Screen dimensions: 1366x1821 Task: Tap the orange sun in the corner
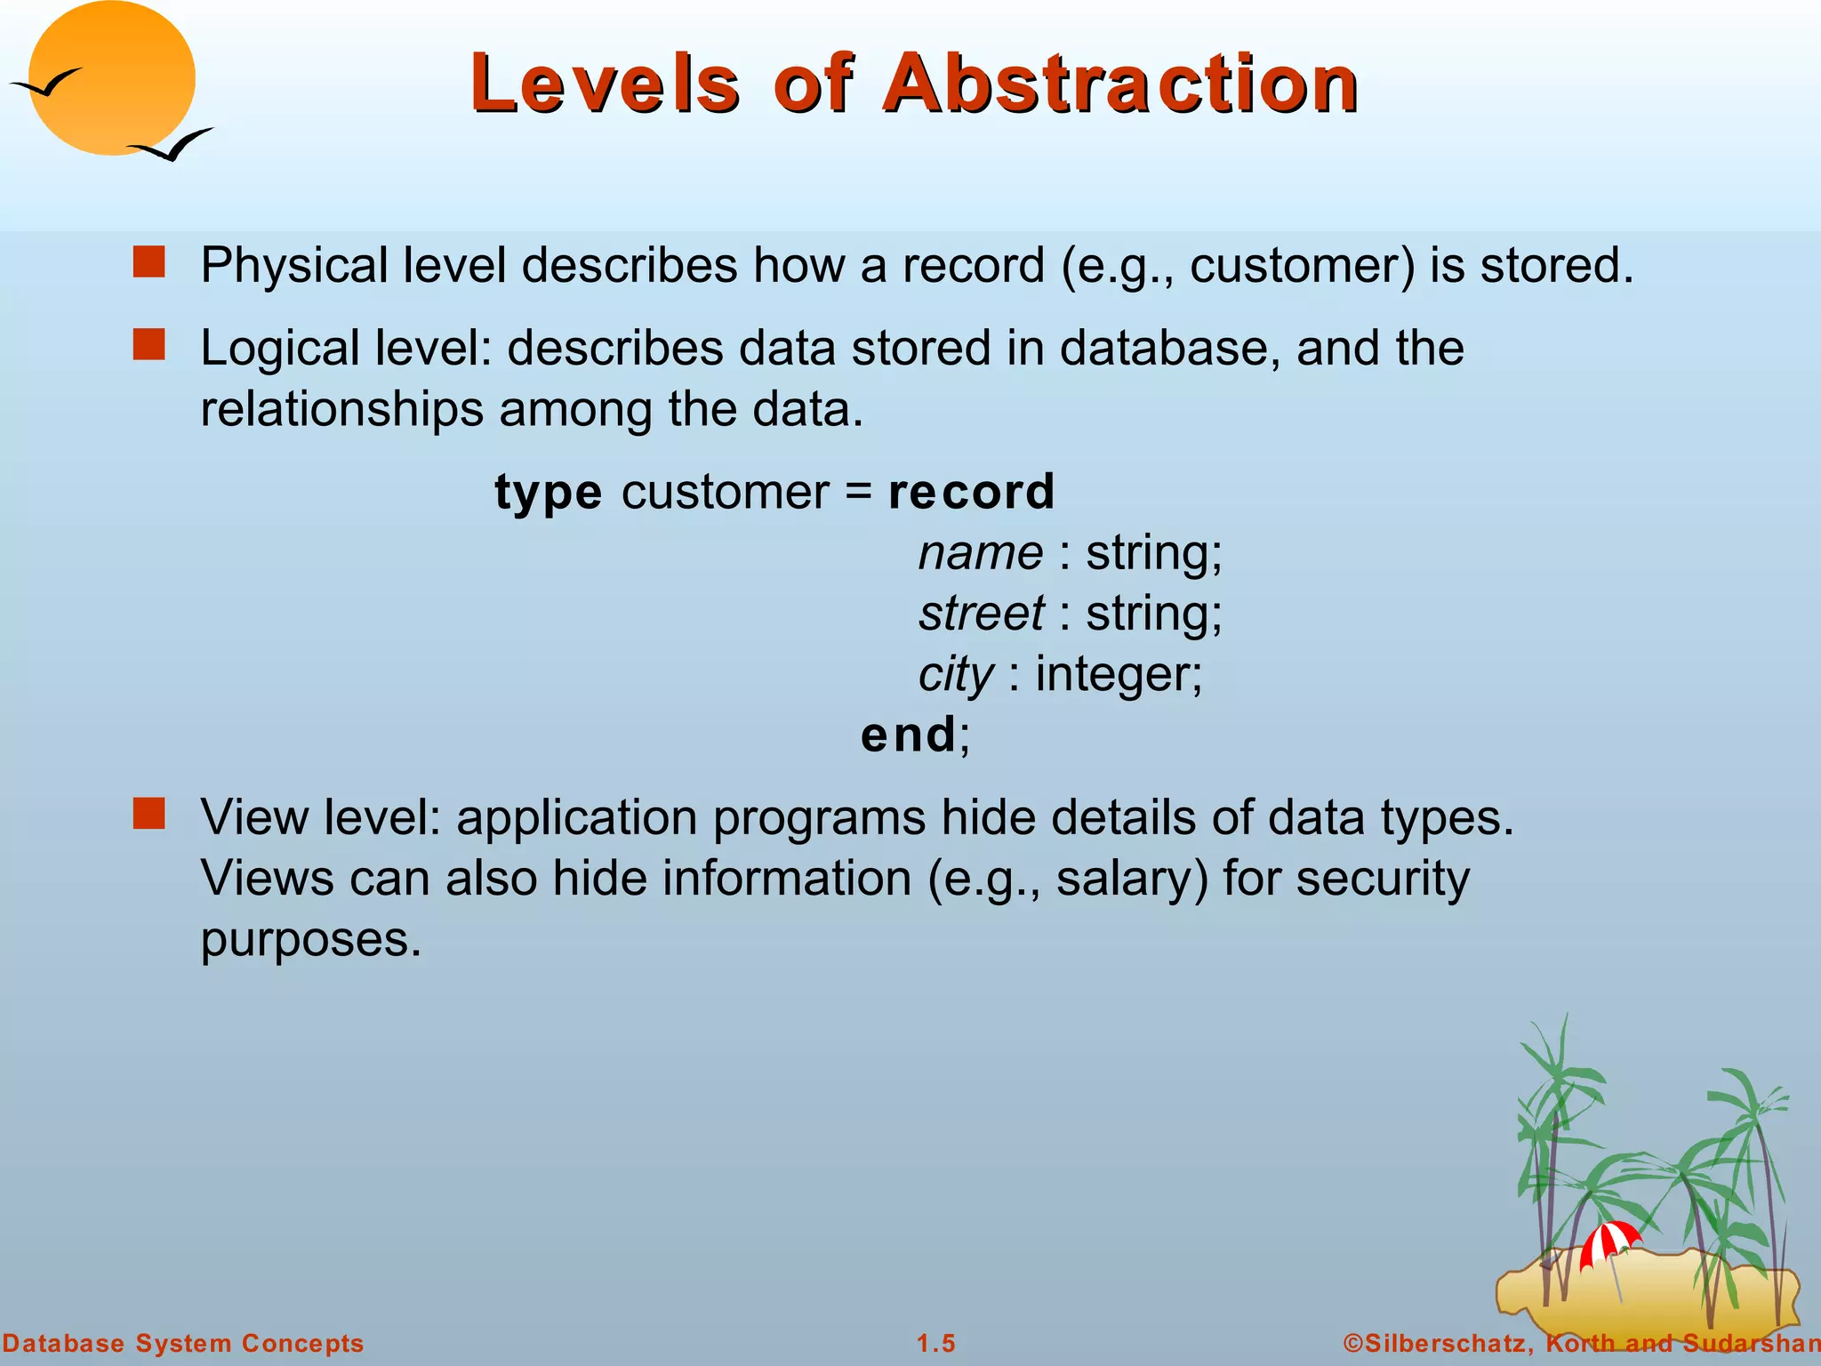(x=111, y=78)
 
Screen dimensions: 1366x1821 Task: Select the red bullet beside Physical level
(x=149, y=263)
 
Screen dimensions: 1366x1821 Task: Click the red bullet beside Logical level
(x=149, y=345)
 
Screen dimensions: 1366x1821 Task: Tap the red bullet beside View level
(x=149, y=813)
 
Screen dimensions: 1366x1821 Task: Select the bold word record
(x=971, y=492)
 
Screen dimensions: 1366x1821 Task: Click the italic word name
(x=980, y=553)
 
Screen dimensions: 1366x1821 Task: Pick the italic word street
(x=982, y=614)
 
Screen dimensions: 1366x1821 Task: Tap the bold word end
(x=908, y=735)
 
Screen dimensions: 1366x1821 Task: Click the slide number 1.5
(x=936, y=1343)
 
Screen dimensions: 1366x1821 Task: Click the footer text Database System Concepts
(x=183, y=1343)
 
